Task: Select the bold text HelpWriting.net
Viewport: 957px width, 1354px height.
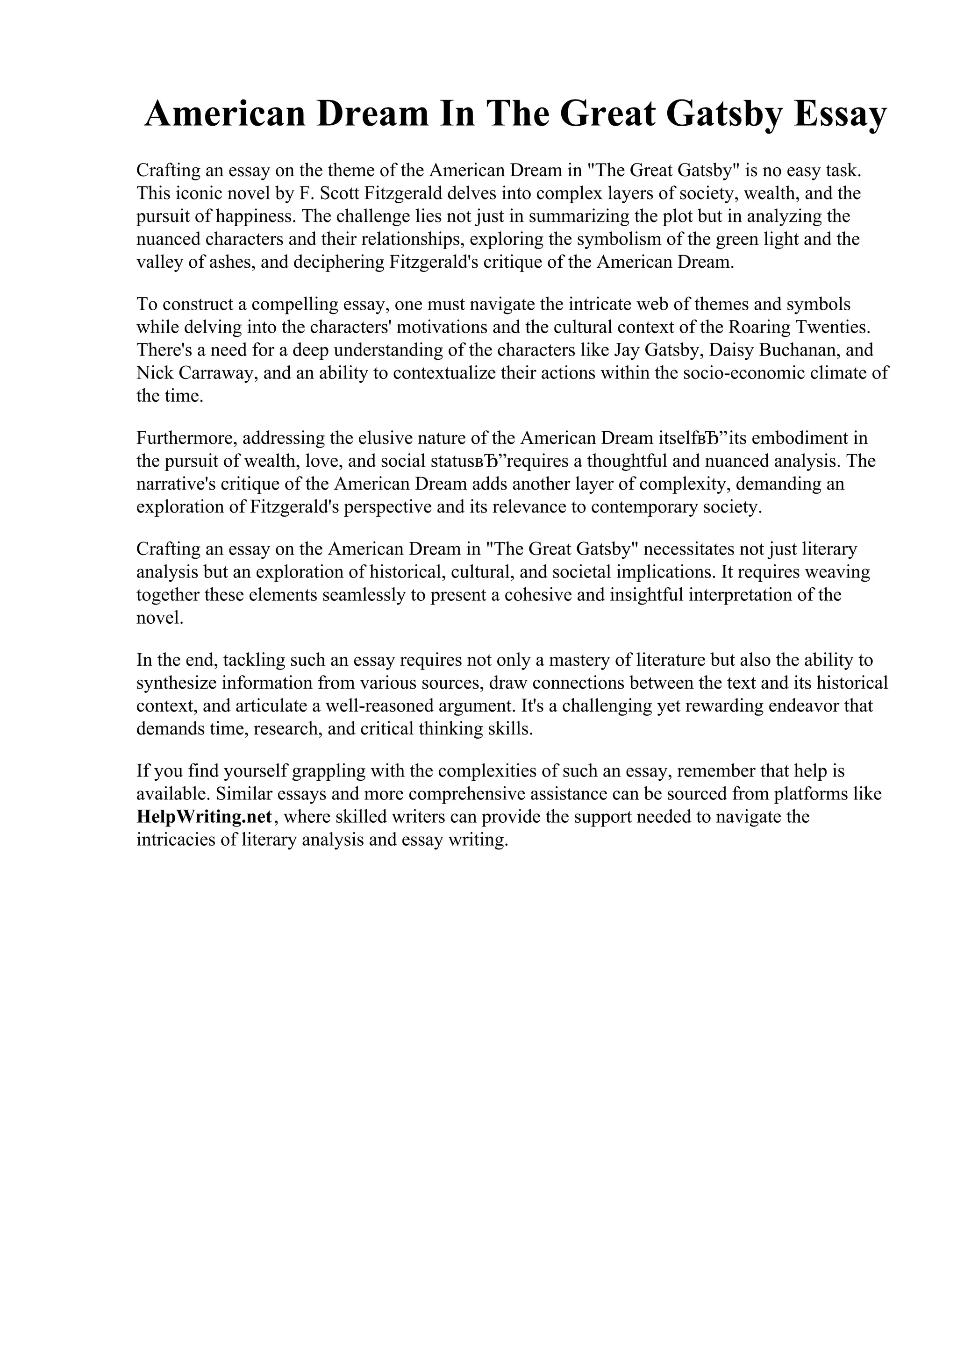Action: click(204, 817)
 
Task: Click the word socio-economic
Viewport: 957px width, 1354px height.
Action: click(743, 373)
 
